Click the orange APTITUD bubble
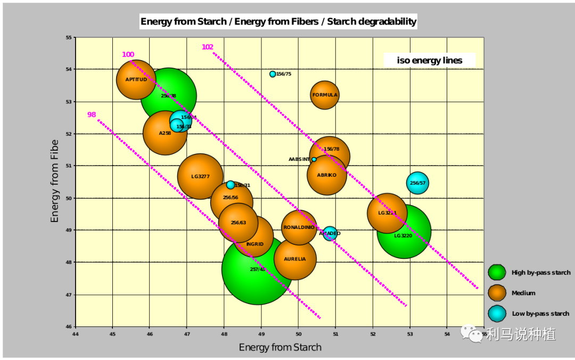[x=136, y=80]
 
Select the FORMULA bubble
[x=325, y=95]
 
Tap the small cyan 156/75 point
[x=273, y=74]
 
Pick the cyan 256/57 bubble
[x=417, y=183]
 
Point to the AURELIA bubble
[x=295, y=259]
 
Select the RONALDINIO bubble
[x=299, y=227]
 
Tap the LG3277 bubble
[x=200, y=176]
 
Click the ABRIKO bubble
[x=327, y=175]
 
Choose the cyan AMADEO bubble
[x=330, y=233]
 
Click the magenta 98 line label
[x=92, y=115]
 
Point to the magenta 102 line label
[x=207, y=47]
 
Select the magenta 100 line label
[x=128, y=55]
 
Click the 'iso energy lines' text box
[x=429, y=60]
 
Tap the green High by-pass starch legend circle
[x=497, y=272]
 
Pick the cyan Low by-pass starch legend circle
[x=497, y=314]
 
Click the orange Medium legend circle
[x=497, y=293]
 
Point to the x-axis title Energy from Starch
[x=280, y=348]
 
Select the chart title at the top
[x=278, y=22]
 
